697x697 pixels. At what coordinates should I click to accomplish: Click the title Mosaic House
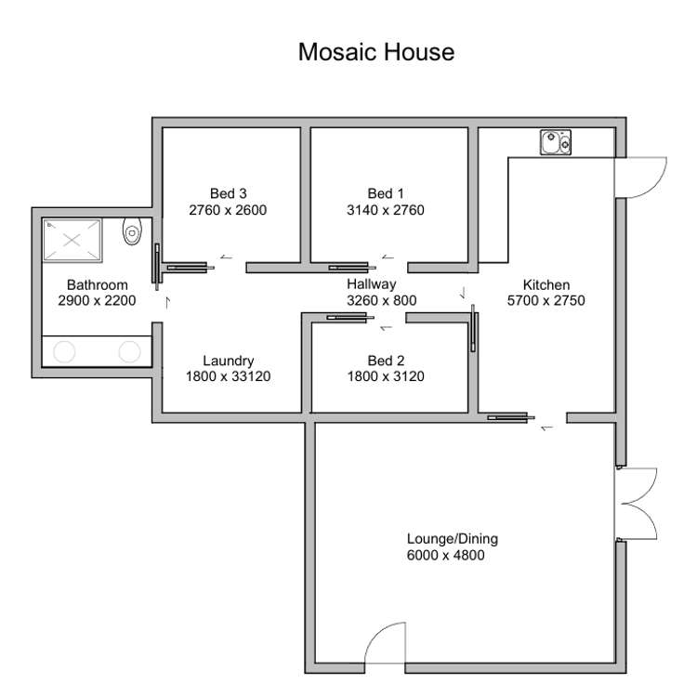376,52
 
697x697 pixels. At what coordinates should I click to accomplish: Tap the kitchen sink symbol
556,142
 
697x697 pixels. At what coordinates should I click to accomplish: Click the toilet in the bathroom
132,231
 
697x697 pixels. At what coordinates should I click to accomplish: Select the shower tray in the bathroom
72,241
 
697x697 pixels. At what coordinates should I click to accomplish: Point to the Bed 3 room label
228,194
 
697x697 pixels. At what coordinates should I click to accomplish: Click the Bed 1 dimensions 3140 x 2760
386,210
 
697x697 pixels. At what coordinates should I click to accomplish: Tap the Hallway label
371,284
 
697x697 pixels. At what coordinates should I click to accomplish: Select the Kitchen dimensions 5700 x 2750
546,300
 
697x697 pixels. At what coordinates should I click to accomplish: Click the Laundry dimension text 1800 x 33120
228,376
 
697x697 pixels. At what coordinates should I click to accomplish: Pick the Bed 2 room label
386,361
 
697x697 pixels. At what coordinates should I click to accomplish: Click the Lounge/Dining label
453,539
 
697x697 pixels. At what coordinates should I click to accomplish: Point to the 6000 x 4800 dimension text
445,555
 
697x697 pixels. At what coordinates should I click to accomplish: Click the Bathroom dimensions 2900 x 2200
97,300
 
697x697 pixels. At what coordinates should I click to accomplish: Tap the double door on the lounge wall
636,504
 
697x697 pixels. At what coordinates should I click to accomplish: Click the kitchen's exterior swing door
640,178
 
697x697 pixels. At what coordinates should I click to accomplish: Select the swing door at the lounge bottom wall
385,643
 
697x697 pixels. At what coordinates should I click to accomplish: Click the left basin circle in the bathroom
64,351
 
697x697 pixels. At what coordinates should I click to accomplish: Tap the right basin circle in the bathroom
129,351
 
